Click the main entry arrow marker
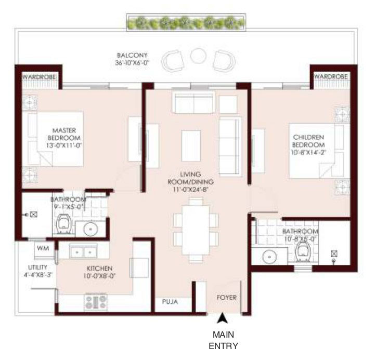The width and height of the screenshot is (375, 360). [222, 318]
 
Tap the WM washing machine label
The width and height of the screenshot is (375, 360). [43, 248]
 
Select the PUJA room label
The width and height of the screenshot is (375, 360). [170, 302]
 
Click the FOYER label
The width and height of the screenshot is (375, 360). [226, 298]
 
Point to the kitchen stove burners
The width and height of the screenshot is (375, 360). [96, 302]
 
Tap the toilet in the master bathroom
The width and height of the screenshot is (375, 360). [63, 224]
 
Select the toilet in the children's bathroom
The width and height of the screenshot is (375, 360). [303, 251]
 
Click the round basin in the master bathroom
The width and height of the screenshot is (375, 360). [90, 229]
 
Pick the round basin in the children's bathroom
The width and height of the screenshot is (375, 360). [269, 257]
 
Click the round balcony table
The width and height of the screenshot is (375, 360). [198, 56]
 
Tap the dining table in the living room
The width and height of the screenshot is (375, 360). [196, 230]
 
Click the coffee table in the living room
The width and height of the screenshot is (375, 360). [191, 146]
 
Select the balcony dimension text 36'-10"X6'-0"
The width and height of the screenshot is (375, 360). [132, 63]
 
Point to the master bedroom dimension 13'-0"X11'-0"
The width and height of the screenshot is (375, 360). [64, 145]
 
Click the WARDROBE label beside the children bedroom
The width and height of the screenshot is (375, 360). [330, 76]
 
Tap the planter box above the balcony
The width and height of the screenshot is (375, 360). [186, 22]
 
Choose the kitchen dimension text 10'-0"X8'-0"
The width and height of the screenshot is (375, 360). [99, 276]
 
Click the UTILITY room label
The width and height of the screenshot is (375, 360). [38, 268]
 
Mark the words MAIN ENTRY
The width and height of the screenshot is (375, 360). [223, 340]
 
